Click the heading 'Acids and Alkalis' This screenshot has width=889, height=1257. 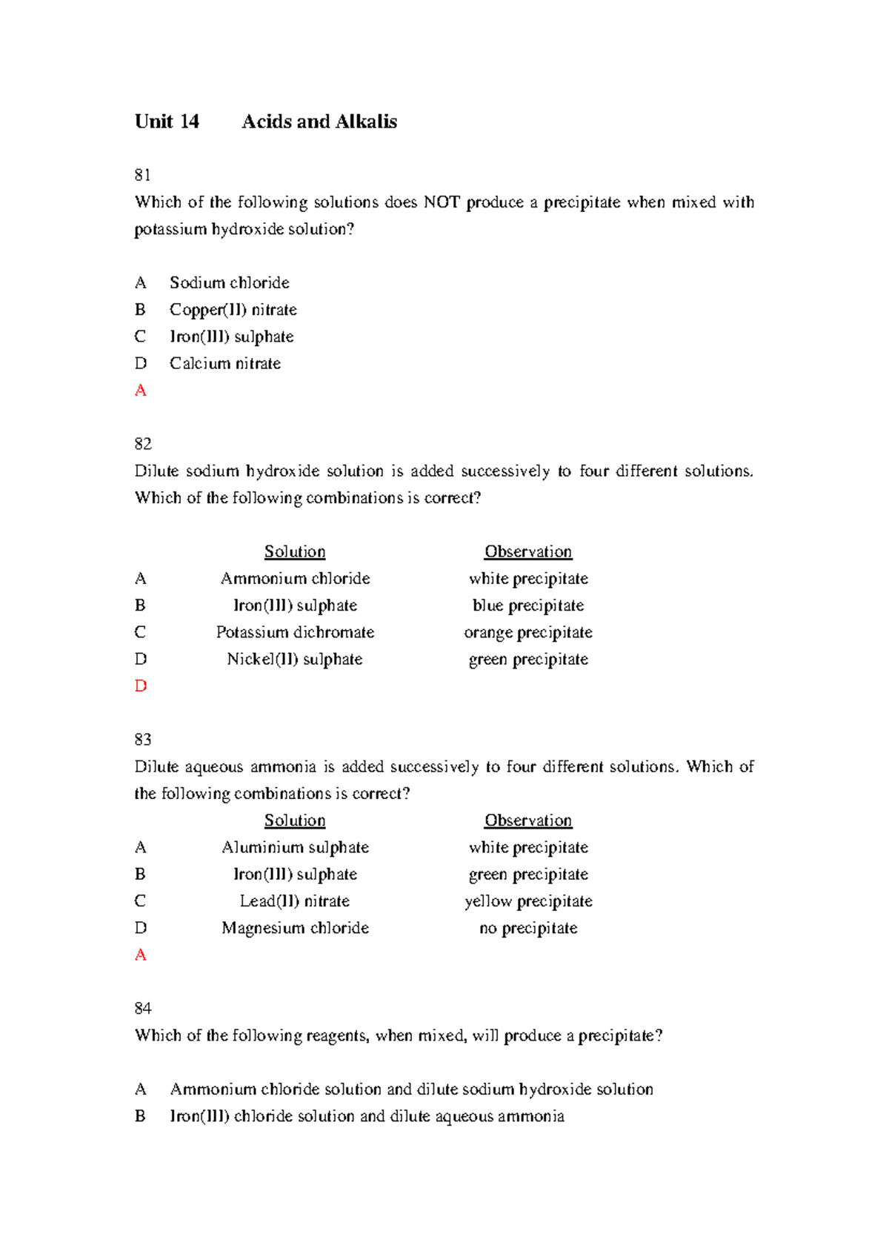(x=319, y=122)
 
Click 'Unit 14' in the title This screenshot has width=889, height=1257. (x=167, y=122)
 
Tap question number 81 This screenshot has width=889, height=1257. (x=143, y=175)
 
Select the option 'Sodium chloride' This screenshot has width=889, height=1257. (x=229, y=282)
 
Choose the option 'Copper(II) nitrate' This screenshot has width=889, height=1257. (x=233, y=309)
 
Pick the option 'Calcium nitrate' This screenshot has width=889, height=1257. (x=224, y=363)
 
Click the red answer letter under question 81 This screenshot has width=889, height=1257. (x=141, y=391)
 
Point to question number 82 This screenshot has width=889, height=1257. (x=143, y=444)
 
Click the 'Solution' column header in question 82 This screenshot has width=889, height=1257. (x=295, y=551)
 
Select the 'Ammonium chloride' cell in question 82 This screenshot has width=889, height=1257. (x=295, y=578)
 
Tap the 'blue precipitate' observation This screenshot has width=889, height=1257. (x=528, y=606)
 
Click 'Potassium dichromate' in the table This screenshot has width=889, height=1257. (x=295, y=632)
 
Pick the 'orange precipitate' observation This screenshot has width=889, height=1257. (x=528, y=632)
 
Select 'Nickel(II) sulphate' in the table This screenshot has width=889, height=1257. (x=295, y=659)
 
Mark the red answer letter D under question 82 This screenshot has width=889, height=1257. (x=141, y=686)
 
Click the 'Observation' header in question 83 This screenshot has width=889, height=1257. (x=528, y=820)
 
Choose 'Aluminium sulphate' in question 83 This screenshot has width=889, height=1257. (x=295, y=847)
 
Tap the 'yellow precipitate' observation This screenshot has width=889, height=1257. (x=528, y=901)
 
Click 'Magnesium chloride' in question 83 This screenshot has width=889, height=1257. (x=295, y=928)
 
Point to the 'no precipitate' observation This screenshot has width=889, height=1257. (x=528, y=928)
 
